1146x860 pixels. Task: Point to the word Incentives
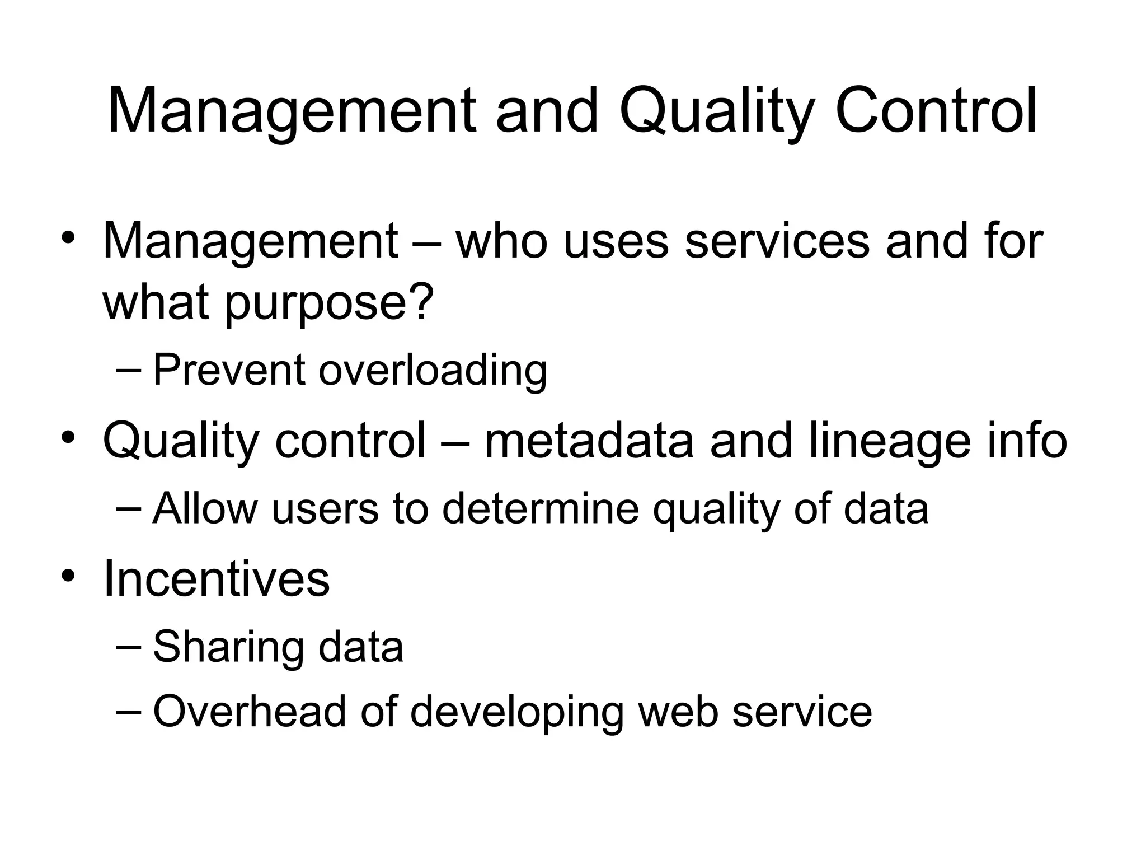click(x=217, y=579)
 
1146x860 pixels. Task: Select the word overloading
click(x=433, y=371)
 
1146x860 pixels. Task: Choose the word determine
click(x=540, y=508)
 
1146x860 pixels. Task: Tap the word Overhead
click(x=250, y=711)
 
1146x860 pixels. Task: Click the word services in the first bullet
click(x=777, y=241)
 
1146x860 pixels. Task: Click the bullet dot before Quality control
click(x=68, y=436)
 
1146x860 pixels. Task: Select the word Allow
click(x=205, y=508)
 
